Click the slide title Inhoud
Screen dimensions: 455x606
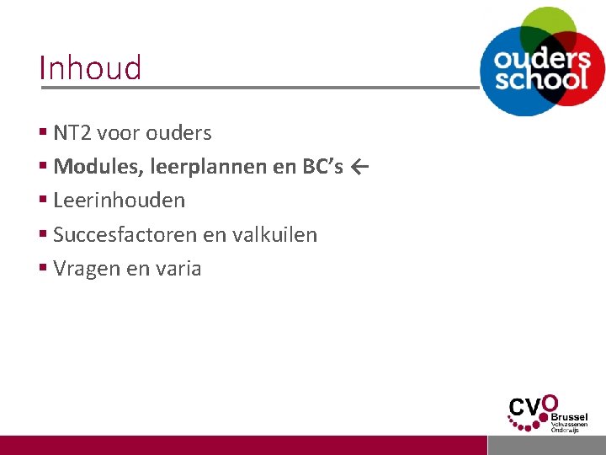click(x=90, y=67)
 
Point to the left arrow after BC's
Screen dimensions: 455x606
click(x=360, y=167)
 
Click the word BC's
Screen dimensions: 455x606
click(x=322, y=167)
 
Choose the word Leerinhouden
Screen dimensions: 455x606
click(x=119, y=201)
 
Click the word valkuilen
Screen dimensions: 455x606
click(x=274, y=234)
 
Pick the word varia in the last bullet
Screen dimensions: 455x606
click(x=177, y=269)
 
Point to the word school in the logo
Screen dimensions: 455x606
click(x=541, y=79)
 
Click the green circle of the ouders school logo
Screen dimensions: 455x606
click(x=548, y=22)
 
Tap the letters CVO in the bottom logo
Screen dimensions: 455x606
click(x=532, y=409)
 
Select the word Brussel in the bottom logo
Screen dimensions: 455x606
click(x=570, y=416)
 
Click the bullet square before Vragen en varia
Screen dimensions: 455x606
click(x=43, y=268)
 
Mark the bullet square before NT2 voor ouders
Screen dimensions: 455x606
click(x=43, y=132)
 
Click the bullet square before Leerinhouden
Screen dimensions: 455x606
click(x=43, y=200)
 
